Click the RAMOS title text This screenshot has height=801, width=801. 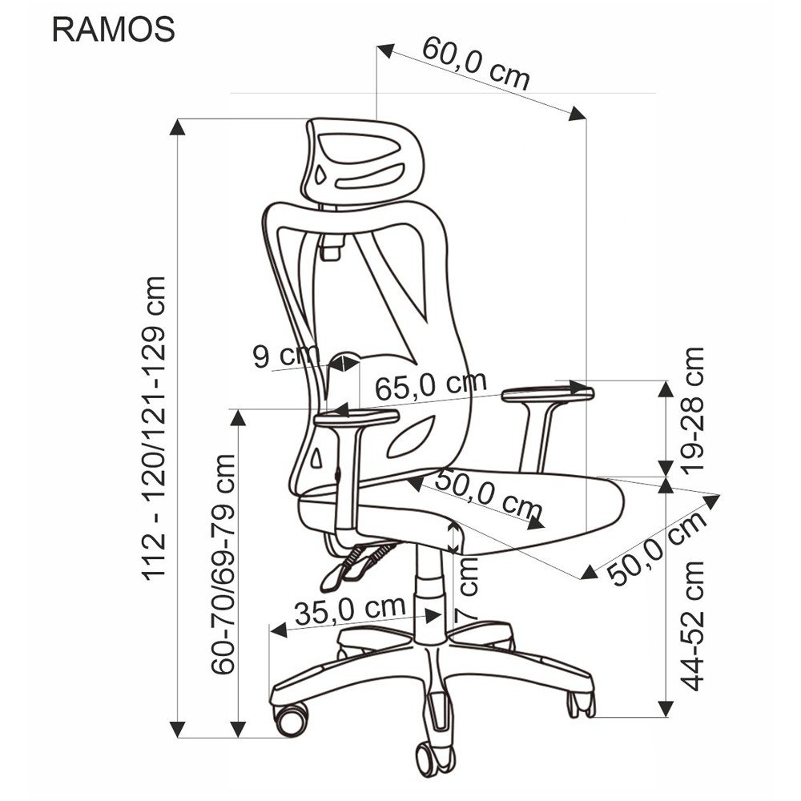pyautogui.click(x=114, y=30)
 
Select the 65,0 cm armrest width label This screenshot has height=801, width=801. pyautogui.click(x=431, y=386)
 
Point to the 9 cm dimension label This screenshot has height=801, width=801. pyautogui.click(x=286, y=355)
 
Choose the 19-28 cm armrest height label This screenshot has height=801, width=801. pyautogui.click(x=693, y=411)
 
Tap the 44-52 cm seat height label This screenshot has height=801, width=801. pyautogui.click(x=693, y=626)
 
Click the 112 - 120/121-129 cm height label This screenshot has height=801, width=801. pyautogui.click(x=155, y=428)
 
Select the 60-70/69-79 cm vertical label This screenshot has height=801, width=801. pyautogui.click(x=223, y=563)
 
